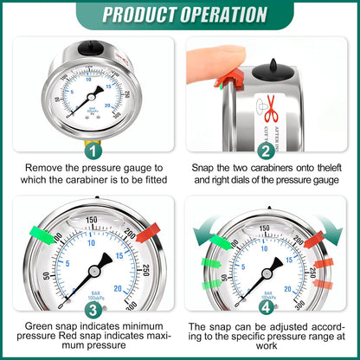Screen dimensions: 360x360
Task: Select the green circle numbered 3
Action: pyautogui.click(x=90, y=309)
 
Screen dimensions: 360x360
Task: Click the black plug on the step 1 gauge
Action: pyautogui.click(x=90, y=42)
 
